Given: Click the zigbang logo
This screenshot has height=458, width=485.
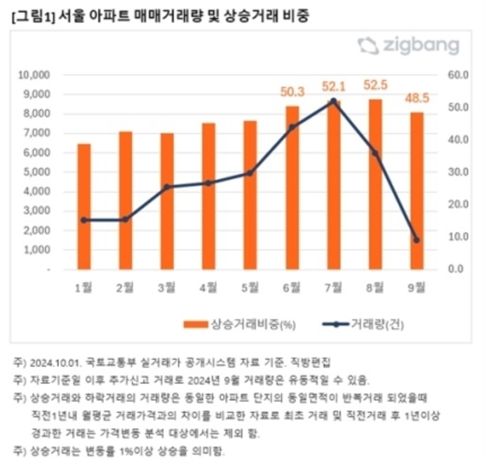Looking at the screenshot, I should tap(408, 46).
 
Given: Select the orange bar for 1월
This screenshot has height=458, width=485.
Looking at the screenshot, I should tap(84, 206).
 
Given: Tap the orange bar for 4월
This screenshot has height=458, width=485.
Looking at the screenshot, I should tap(209, 196).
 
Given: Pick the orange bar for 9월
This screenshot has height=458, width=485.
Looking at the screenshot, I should tap(416, 190).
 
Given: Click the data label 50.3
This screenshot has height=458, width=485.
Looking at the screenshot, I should tap(292, 91).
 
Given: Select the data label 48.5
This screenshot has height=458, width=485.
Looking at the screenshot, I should tap(417, 98).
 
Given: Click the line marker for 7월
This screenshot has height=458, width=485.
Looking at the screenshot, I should tap(334, 101).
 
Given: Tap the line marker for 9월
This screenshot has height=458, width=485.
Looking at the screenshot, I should tap(417, 240).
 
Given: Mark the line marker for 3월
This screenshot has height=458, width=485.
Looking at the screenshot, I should tap(167, 187).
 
